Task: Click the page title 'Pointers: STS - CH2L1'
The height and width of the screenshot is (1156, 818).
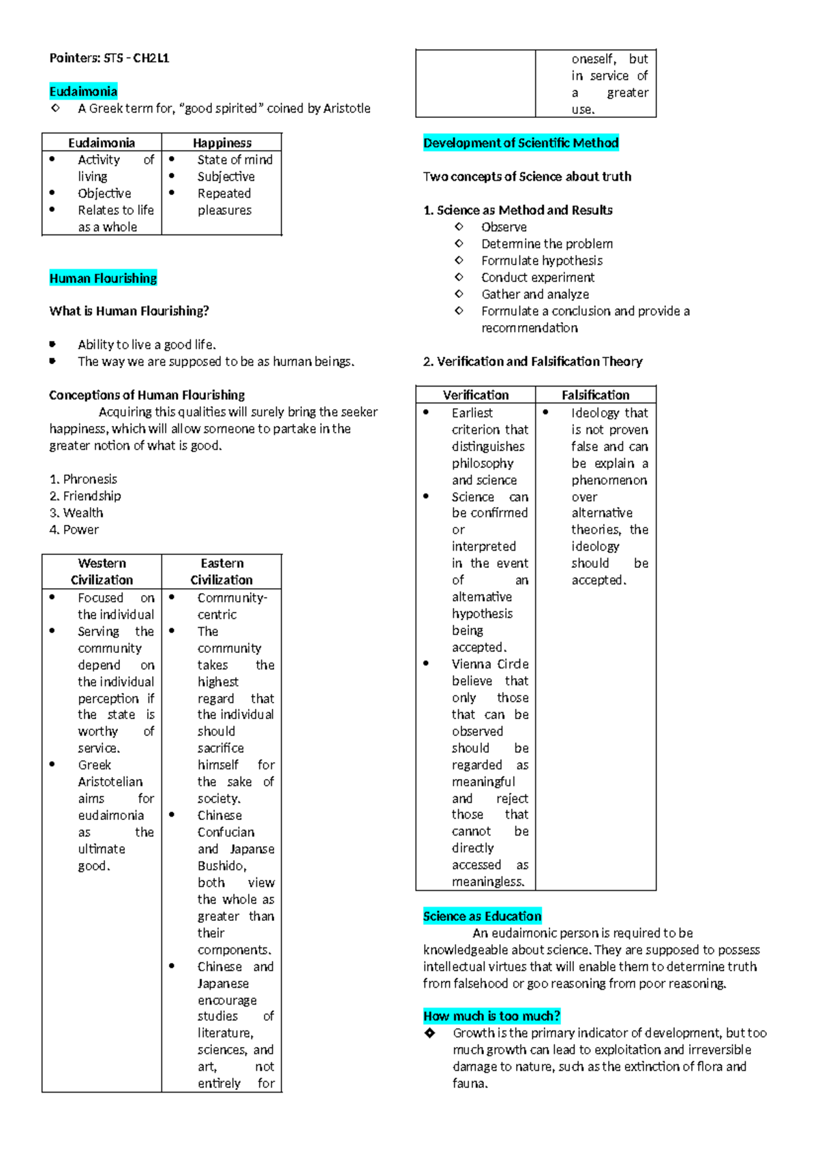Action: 109,58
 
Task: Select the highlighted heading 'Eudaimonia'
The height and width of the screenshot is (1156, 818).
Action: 83,91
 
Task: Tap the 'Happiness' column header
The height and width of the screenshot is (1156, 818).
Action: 222,142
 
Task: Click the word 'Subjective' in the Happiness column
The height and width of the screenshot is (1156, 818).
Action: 226,177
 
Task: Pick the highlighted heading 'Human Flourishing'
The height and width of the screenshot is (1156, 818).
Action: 103,278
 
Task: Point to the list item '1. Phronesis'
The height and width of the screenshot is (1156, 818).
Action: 83,479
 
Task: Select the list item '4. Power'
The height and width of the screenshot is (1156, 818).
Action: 74,530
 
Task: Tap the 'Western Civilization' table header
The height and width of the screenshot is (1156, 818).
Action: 102,571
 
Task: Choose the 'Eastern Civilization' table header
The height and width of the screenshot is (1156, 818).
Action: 222,571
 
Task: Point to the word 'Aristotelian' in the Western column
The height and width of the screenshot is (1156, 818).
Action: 110,782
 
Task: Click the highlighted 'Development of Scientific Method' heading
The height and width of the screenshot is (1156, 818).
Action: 521,142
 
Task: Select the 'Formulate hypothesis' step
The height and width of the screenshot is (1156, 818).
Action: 542,260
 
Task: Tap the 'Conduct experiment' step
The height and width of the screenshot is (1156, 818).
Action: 538,277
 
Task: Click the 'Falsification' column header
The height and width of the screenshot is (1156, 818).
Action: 595,395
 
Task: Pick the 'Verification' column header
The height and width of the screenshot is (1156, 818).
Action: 476,395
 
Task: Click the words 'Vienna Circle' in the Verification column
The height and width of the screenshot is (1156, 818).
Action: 490,664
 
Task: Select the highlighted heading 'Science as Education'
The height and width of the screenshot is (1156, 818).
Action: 482,916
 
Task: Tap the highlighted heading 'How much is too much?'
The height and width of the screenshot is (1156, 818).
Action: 491,1016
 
